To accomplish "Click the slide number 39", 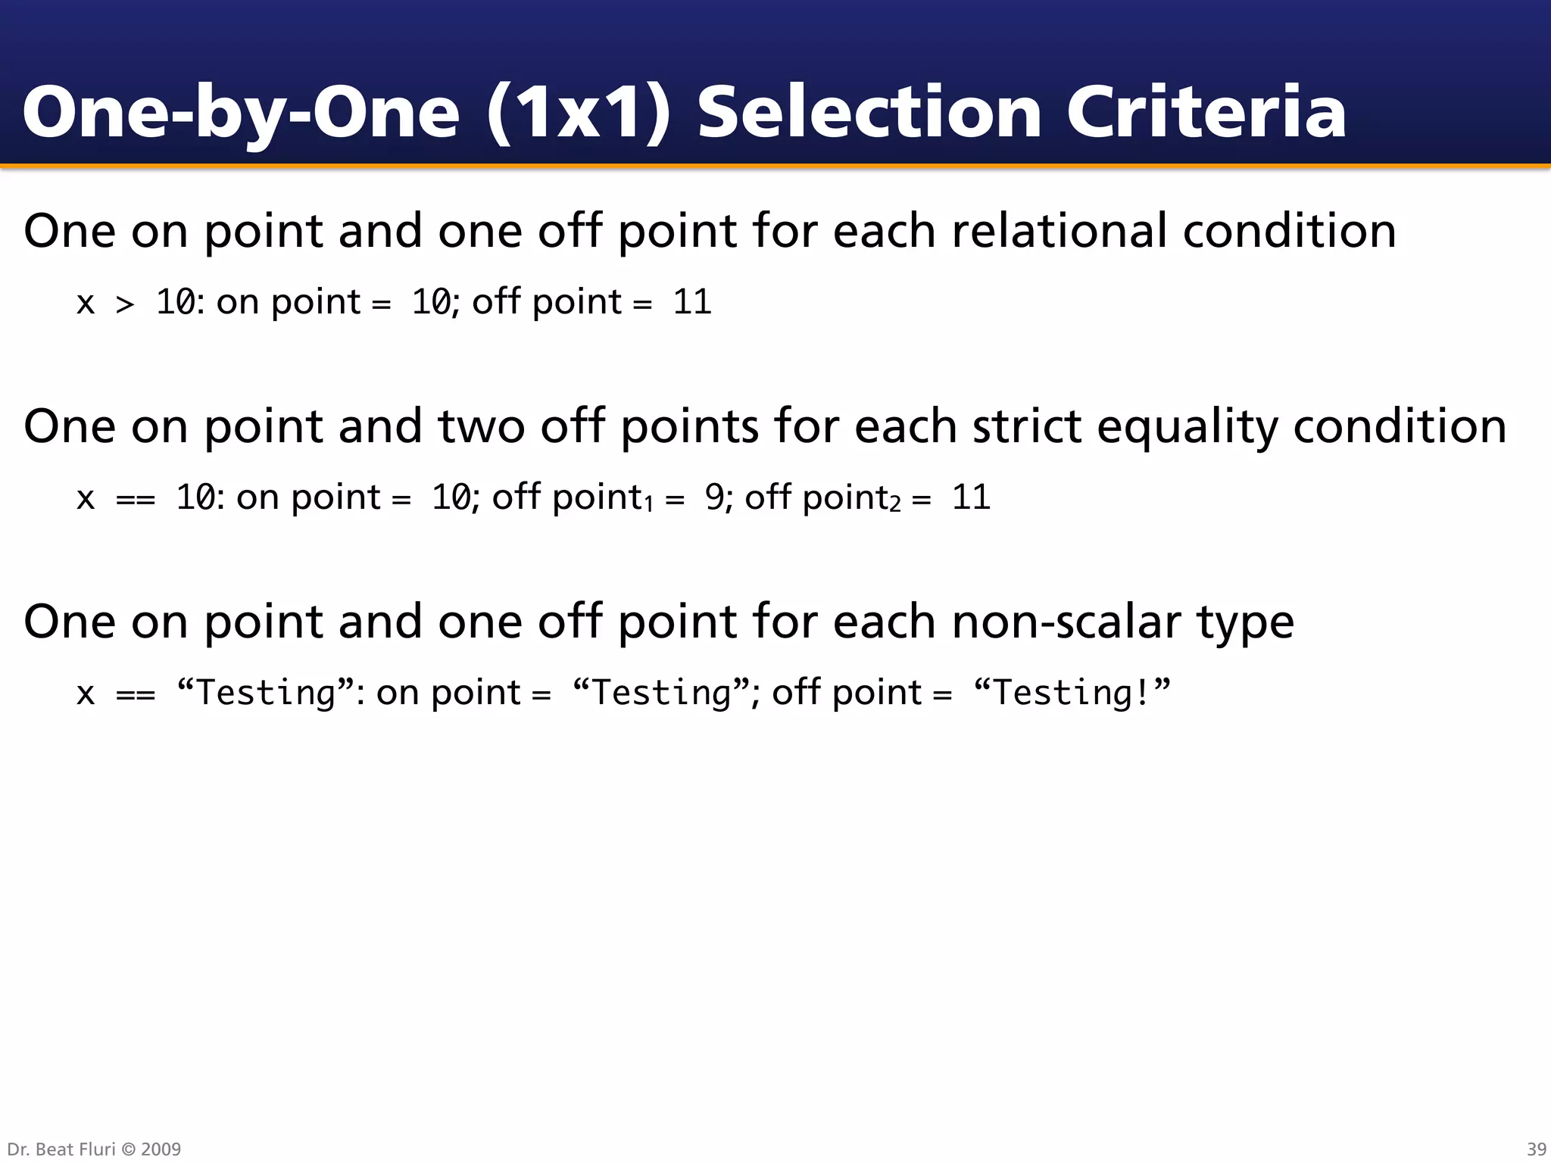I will pos(1537,1149).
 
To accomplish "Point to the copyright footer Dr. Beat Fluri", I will pos(94,1149).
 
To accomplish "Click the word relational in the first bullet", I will pos(1058,231).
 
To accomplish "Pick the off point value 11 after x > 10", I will pos(692,302).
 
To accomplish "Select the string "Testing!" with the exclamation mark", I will pos(1072,692).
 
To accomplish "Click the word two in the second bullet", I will pos(481,426).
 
